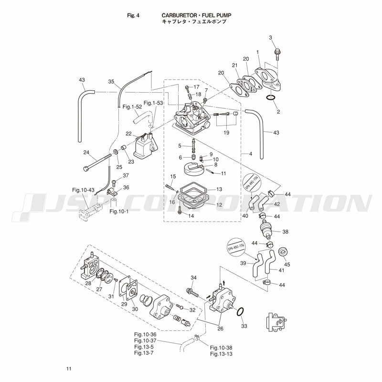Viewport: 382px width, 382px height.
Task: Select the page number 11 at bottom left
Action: tap(69, 369)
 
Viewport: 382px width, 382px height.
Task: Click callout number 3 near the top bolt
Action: tap(270, 38)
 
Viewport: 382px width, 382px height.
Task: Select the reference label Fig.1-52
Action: tap(131, 106)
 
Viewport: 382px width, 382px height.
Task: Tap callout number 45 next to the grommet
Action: tap(287, 264)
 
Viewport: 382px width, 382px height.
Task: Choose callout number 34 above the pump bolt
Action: tap(193, 278)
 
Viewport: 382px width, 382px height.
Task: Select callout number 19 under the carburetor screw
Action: tap(226, 132)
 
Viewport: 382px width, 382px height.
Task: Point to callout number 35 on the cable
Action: tap(111, 82)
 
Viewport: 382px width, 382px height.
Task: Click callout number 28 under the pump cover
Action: tap(88, 283)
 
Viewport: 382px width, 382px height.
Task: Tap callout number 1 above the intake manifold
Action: tap(257, 52)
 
